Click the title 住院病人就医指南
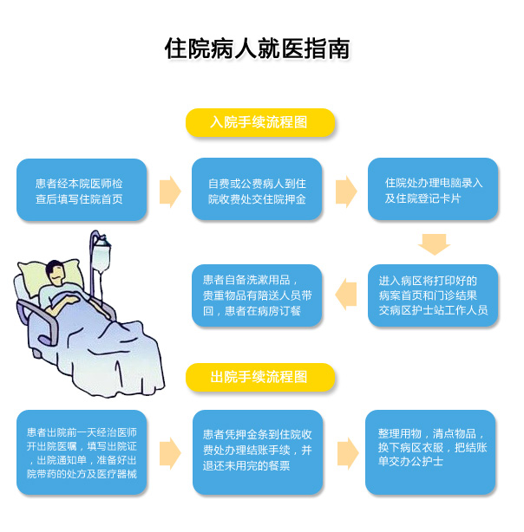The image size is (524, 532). pyautogui.click(x=258, y=49)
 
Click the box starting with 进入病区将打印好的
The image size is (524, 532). pyautogui.click(x=434, y=295)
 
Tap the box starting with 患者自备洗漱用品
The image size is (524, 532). pyautogui.click(x=257, y=295)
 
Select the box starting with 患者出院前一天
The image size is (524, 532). pyautogui.click(x=82, y=452)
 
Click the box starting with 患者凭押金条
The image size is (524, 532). pyautogui.click(x=257, y=452)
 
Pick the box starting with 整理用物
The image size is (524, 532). pyautogui.click(x=432, y=451)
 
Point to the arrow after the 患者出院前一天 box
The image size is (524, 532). pyautogui.click(x=170, y=451)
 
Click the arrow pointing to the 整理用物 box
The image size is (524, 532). pyautogui.click(x=345, y=451)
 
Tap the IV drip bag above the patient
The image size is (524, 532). pyautogui.click(x=102, y=256)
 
